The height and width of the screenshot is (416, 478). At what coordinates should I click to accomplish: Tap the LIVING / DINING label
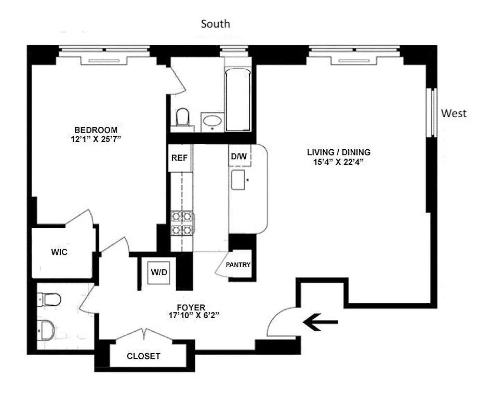coord(338,152)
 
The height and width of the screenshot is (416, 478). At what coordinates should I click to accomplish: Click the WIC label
coord(59,252)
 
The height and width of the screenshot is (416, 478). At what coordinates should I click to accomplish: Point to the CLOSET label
coord(143,357)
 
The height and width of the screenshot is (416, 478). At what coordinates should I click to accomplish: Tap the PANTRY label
coord(238,265)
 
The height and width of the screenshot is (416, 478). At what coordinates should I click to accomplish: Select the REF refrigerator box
coord(179,158)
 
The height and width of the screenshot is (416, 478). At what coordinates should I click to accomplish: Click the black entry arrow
coord(321,324)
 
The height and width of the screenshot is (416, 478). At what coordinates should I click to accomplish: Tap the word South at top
coord(215,24)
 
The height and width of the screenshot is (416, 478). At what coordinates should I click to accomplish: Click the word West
coord(454,113)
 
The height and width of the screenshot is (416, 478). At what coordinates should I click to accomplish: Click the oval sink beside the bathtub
coord(212,122)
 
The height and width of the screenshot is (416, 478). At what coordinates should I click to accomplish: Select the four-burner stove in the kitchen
coord(182,223)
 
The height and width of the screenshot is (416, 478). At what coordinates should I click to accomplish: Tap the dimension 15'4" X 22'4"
coord(338,162)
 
